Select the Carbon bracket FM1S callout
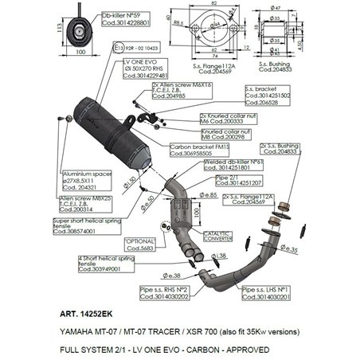195,149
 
